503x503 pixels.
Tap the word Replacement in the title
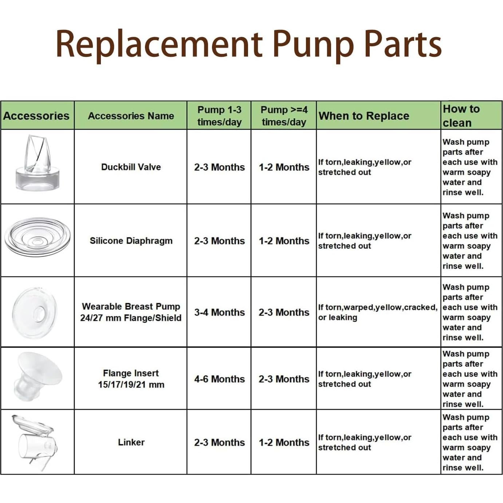[x=159, y=43]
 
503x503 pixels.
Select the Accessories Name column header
[x=131, y=115]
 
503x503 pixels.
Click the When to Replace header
[x=364, y=115]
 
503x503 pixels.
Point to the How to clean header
[x=461, y=115]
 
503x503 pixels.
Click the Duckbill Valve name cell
[x=131, y=167]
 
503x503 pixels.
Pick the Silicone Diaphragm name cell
[x=131, y=241]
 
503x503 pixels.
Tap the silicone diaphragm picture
[x=37, y=237]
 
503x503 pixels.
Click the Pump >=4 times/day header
[x=284, y=115]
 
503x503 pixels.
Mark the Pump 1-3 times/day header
[x=219, y=115]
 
